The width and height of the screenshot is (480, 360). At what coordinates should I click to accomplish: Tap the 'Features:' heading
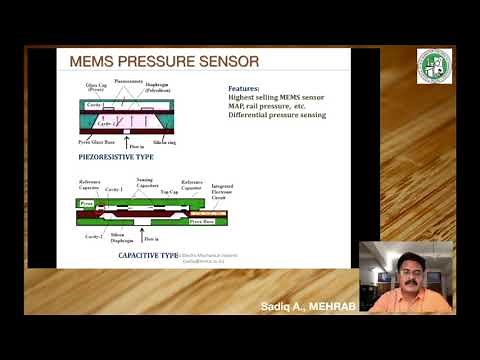tap(247, 88)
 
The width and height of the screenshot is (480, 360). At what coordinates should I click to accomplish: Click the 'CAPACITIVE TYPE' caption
tap(148, 256)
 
